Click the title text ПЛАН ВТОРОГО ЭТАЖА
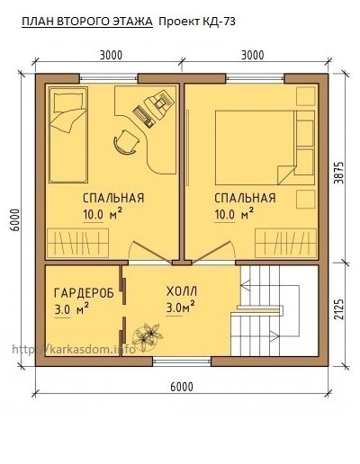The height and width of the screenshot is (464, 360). pos(87,21)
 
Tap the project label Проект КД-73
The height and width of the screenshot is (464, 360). pos(198,21)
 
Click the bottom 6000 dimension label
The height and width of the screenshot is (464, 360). pos(181,387)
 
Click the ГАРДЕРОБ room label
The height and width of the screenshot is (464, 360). pos(82,292)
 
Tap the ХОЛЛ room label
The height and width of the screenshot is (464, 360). pos(181,292)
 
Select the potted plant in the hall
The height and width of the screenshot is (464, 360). pos(144,337)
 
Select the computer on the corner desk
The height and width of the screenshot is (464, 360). pos(153,106)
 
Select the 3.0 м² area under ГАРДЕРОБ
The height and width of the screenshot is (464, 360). pos(70,310)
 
